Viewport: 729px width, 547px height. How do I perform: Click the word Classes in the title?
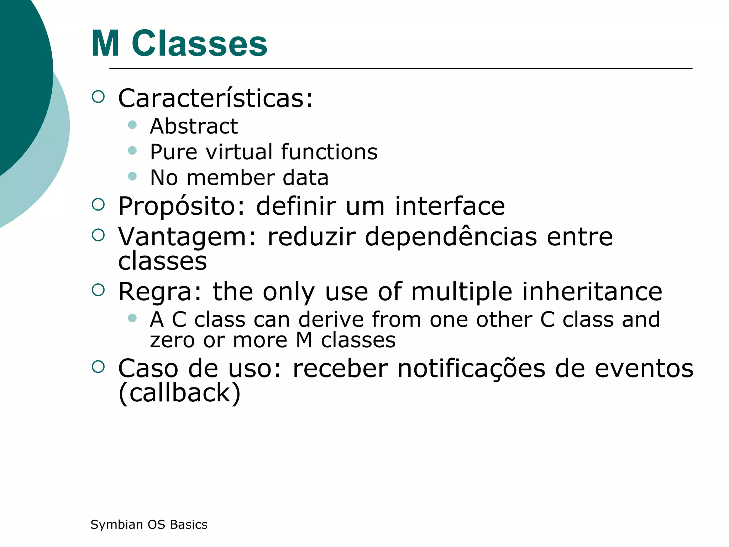click(x=199, y=43)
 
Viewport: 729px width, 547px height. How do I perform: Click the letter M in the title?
click(x=105, y=43)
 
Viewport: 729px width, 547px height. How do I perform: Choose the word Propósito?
click(x=182, y=207)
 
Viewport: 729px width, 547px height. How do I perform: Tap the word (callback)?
click(x=179, y=393)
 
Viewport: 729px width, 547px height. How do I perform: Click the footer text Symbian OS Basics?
click(x=149, y=525)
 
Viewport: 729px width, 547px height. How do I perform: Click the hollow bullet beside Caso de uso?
click(x=98, y=367)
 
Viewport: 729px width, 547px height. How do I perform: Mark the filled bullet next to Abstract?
click(x=132, y=125)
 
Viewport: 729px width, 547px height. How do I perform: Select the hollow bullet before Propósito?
click(x=98, y=204)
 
